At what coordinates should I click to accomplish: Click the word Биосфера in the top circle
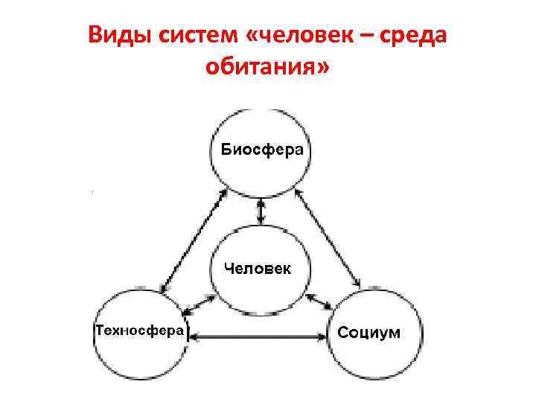(x=262, y=150)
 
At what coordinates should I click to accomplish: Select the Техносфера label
(x=139, y=330)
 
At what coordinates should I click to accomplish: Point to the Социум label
(x=369, y=331)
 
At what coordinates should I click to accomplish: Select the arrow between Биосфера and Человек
(x=260, y=211)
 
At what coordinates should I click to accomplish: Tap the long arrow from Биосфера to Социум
(x=328, y=238)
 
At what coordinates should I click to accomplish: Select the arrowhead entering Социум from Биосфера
(x=357, y=284)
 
